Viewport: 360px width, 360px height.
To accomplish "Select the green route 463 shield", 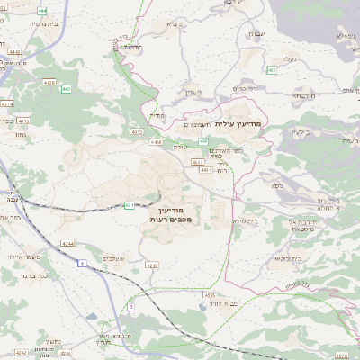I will point(271,69).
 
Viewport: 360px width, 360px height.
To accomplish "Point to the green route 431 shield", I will point(129,205).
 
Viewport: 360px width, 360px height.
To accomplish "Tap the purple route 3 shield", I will point(131,307).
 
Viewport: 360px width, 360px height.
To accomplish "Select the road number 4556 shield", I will point(209,294).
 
